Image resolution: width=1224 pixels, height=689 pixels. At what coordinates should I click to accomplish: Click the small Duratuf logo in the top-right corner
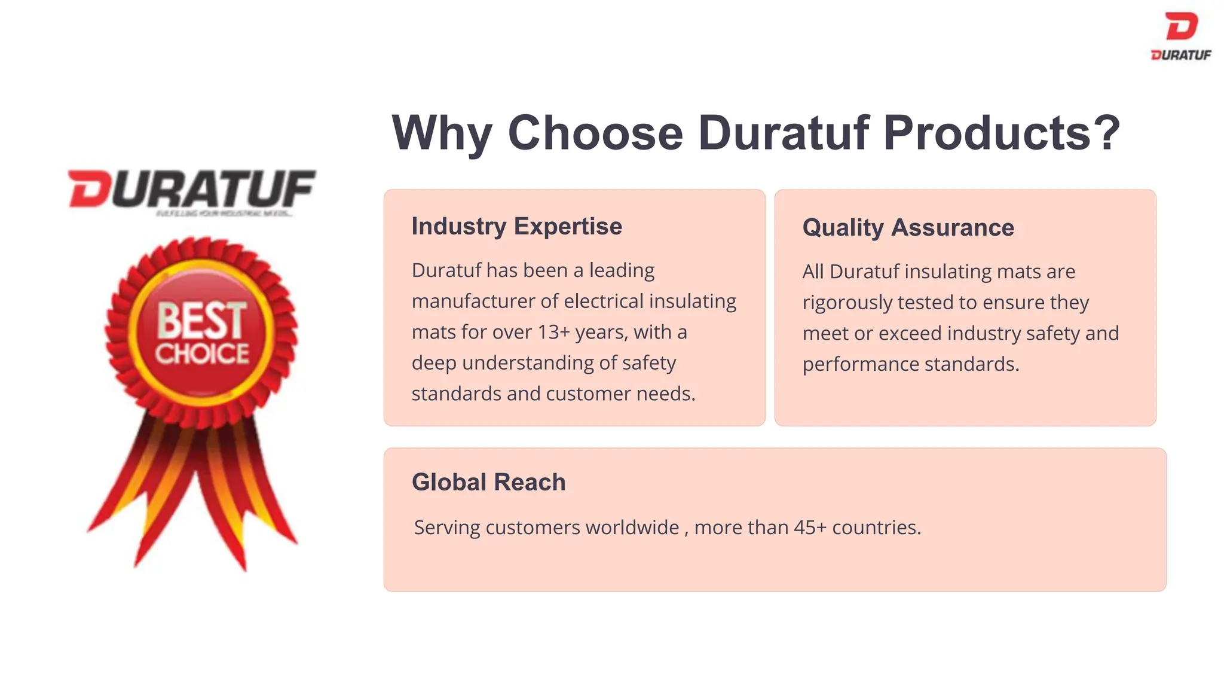click(1181, 36)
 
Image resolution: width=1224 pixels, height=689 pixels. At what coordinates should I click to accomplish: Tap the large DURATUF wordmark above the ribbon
click(192, 189)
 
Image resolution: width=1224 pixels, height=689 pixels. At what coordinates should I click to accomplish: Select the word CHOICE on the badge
click(202, 353)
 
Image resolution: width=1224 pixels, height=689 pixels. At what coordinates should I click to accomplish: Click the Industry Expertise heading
click(516, 227)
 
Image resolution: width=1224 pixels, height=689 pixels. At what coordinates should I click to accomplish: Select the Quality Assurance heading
click(908, 228)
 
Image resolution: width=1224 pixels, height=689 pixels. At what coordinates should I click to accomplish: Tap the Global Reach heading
click(488, 482)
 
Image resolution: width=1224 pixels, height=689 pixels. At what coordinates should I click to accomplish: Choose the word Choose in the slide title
click(595, 133)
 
